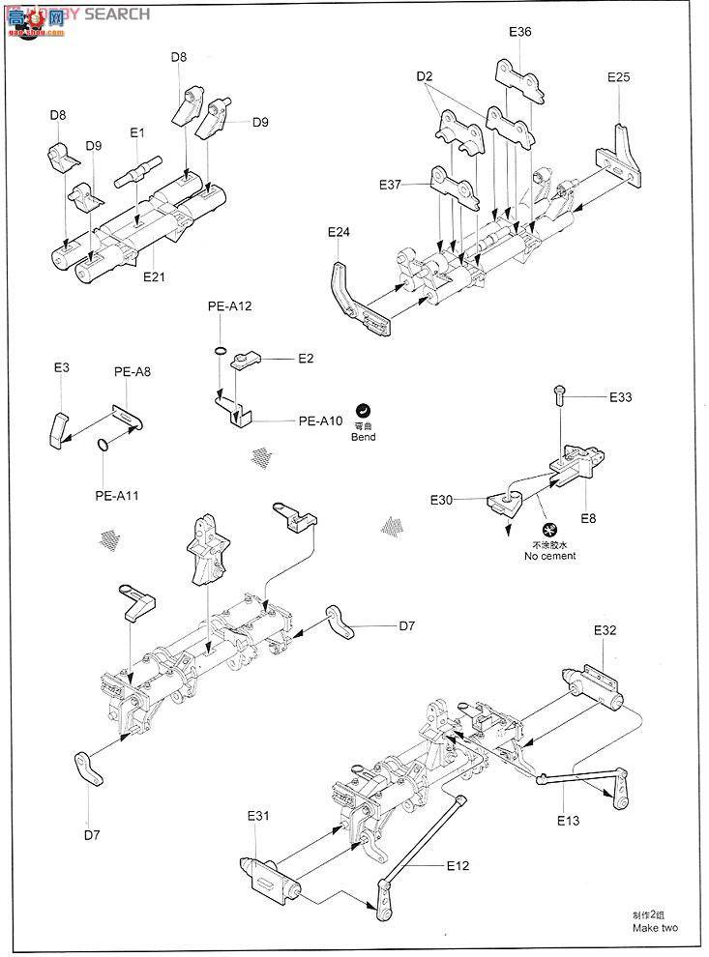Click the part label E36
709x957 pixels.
519,32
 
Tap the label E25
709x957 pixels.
619,76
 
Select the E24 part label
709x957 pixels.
339,232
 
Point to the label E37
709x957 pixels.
391,185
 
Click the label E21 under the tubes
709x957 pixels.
155,276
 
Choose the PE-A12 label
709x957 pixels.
228,306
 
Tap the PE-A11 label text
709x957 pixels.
117,495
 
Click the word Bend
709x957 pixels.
364,437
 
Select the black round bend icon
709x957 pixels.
364,410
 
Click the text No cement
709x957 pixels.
549,556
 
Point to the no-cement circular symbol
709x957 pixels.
549,531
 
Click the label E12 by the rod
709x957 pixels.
458,865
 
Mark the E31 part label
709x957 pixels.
257,817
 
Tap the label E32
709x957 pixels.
605,629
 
